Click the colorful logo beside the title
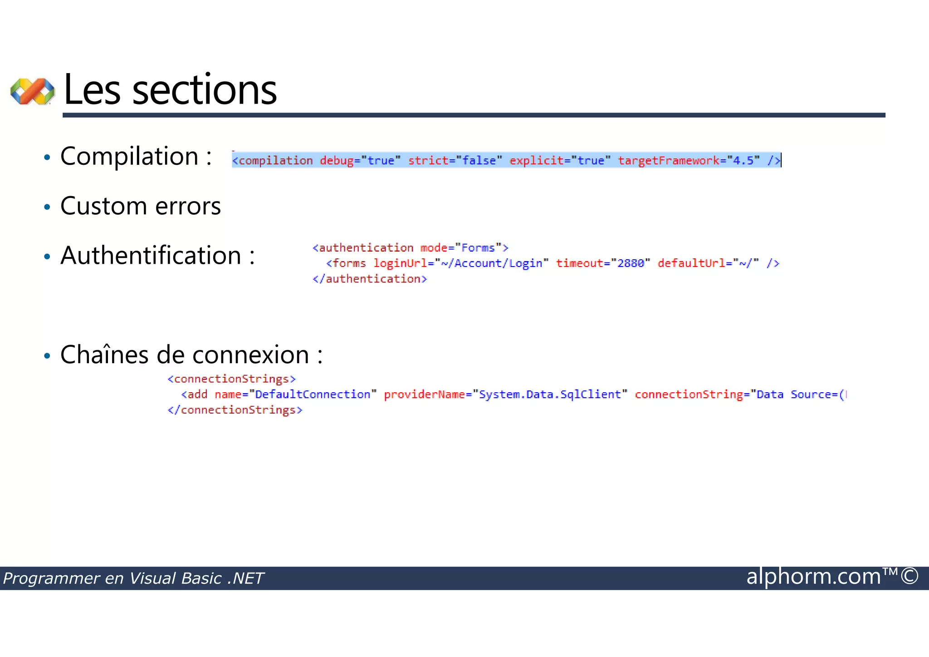(x=32, y=91)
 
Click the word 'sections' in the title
(x=204, y=90)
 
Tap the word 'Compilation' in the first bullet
(x=129, y=157)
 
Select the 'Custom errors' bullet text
(x=141, y=206)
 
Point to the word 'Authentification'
(x=151, y=255)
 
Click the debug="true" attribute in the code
(x=360, y=161)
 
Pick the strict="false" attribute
(x=455, y=161)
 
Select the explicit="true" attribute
(x=560, y=161)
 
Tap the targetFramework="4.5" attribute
(x=689, y=161)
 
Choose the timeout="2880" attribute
(x=603, y=263)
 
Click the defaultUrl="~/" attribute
(x=708, y=263)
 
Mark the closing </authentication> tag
(x=370, y=279)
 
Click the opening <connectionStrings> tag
(x=231, y=379)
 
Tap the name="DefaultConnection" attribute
(x=295, y=395)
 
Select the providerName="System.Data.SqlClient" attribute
(x=505, y=395)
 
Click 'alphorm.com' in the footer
(x=813, y=577)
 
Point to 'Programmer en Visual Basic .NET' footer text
(x=133, y=578)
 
